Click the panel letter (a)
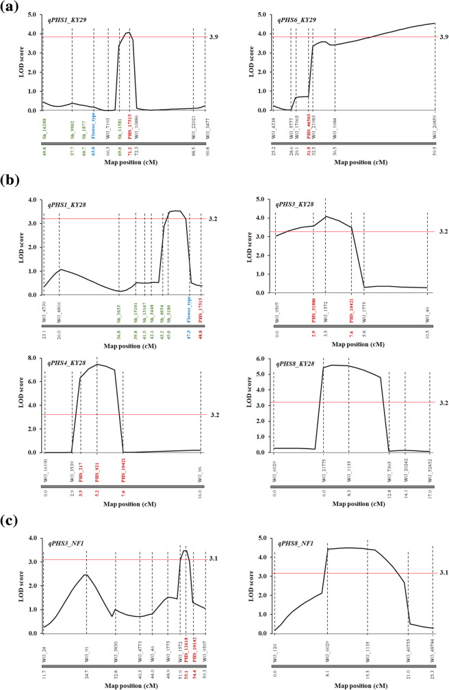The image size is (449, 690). [x=12, y=8]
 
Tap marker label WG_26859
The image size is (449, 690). [x=435, y=127]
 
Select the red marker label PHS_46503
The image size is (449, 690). [x=309, y=127]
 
